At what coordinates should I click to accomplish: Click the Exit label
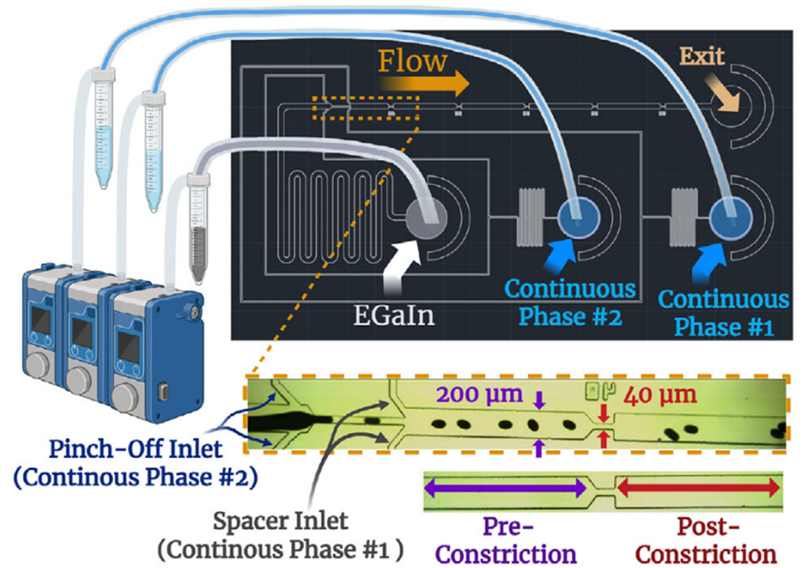click(701, 58)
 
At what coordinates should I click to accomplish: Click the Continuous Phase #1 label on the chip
click(723, 312)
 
